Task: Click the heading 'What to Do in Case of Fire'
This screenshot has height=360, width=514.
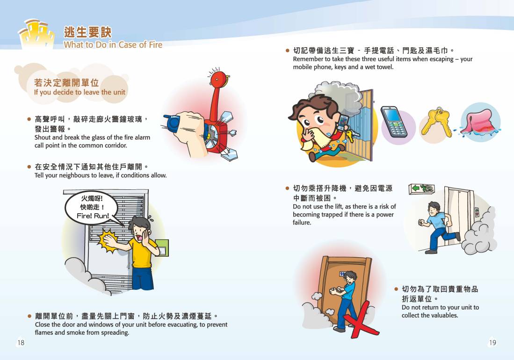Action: click(x=113, y=44)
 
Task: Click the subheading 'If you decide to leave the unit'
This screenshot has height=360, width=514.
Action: click(x=80, y=92)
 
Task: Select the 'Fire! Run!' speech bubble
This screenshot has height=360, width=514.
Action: click(x=92, y=208)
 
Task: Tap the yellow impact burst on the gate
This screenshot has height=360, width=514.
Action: click(x=108, y=241)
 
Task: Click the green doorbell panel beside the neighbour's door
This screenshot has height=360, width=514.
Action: click(x=162, y=248)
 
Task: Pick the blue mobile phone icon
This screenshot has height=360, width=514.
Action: click(x=394, y=122)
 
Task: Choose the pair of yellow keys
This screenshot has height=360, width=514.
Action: click(x=436, y=122)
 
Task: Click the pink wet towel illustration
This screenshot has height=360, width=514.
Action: click(x=478, y=122)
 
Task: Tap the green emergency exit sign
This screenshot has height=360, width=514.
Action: click(x=421, y=188)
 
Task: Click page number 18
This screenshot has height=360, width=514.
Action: click(x=21, y=343)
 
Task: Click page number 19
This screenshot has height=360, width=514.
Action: click(x=492, y=343)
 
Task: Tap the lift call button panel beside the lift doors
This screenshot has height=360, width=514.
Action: click(x=477, y=212)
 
